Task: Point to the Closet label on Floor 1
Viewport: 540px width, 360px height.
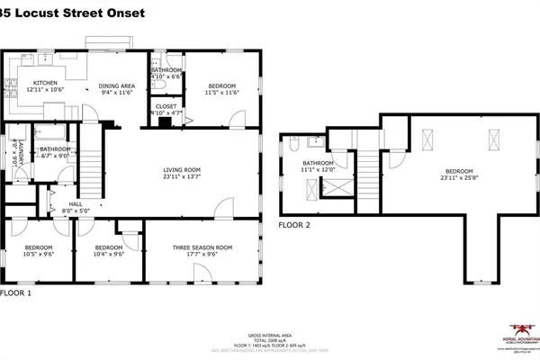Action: coord(166,106)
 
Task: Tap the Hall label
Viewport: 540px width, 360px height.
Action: coord(76,204)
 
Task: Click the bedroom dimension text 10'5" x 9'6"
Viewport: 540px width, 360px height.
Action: coord(39,255)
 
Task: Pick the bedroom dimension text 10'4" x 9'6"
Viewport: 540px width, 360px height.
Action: coord(108,255)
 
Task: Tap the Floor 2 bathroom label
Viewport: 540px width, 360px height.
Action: coord(319,163)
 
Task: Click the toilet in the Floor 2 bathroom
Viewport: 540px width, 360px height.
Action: coord(293,143)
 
